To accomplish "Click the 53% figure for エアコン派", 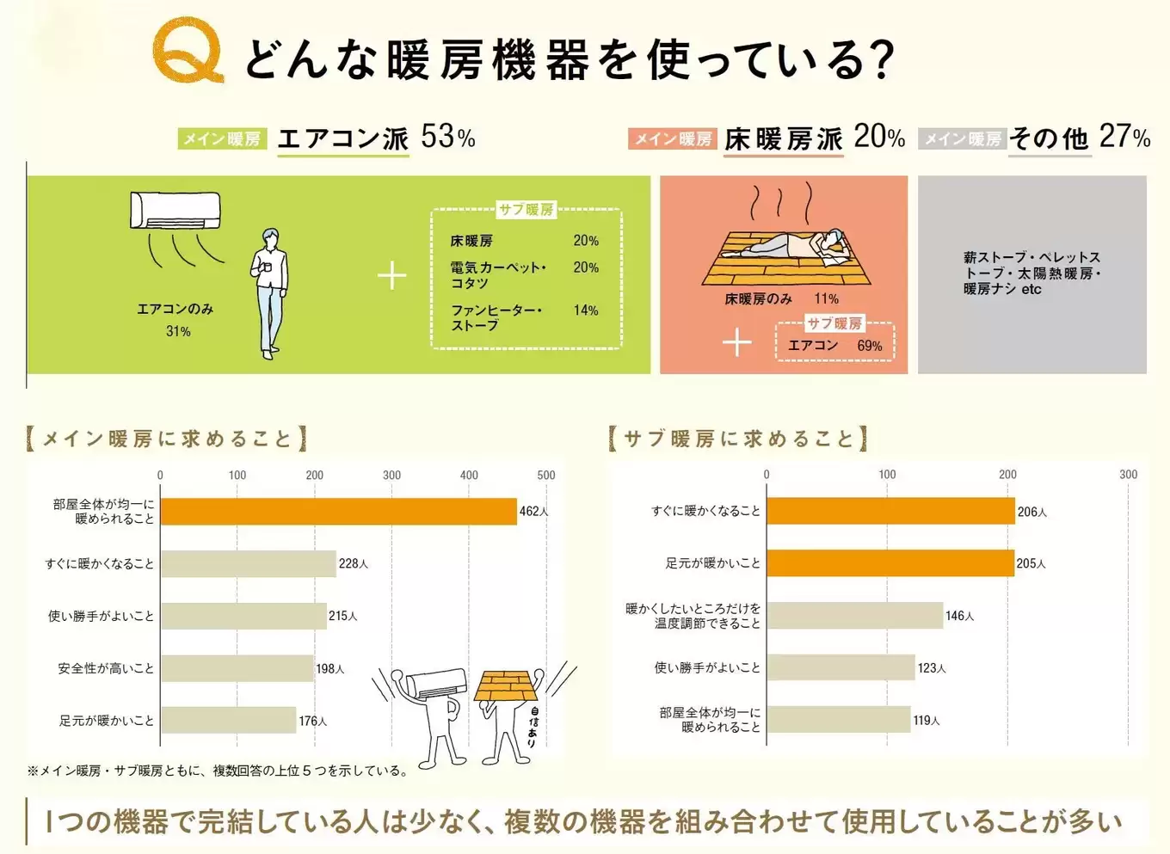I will tap(447, 137).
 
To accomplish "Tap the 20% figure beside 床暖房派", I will tap(879, 137).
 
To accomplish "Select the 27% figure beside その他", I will tap(1124, 137).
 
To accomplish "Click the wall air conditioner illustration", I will tap(175, 211).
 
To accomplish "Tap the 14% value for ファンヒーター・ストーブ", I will tap(585, 310).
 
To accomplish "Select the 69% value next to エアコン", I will tap(869, 346).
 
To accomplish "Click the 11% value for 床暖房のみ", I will tap(826, 299).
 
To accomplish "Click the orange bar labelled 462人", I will tap(338, 512).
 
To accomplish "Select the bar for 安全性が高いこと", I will tap(237, 668).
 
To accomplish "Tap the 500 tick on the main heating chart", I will tap(545, 475).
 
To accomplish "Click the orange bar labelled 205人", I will tap(890, 563).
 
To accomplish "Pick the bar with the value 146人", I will tap(854, 616).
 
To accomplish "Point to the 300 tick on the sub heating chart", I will tap(1128, 474).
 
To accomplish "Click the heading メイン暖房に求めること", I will tap(167, 439).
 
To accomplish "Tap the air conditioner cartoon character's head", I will tap(436, 685).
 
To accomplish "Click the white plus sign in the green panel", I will tap(392, 275).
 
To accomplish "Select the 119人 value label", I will tap(927, 721).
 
